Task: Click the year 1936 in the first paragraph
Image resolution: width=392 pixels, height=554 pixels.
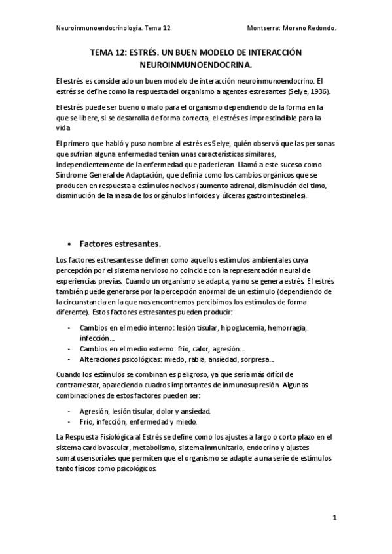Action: pos(318,91)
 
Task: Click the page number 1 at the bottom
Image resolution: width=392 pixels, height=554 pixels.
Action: pos(334,518)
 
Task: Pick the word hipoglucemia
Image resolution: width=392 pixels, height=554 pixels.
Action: pos(240,327)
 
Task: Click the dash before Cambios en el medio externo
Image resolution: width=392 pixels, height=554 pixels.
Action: pos(69,349)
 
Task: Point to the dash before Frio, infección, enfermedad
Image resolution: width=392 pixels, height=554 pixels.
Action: pos(69,422)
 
